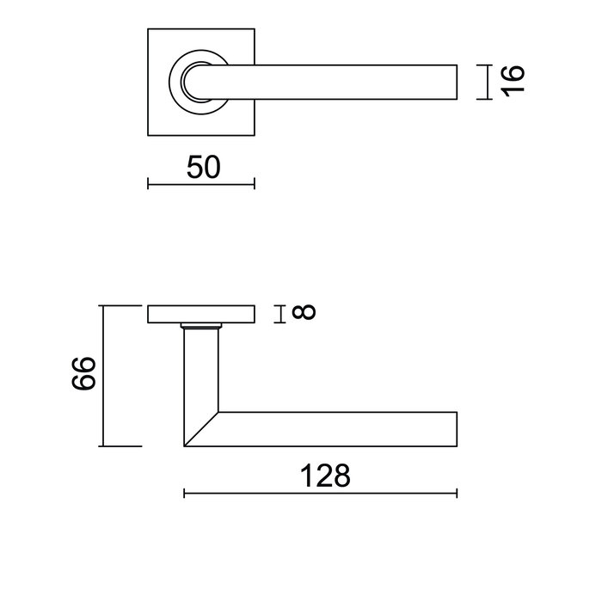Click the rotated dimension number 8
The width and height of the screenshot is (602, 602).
(x=304, y=313)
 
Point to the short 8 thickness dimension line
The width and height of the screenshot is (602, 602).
(x=281, y=314)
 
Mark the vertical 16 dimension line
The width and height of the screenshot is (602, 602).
(x=488, y=82)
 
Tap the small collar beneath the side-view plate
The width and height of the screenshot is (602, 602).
(x=201, y=328)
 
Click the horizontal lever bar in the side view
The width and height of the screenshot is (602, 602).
(x=344, y=429)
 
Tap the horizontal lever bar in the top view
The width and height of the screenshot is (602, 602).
(x=344, y=82)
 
